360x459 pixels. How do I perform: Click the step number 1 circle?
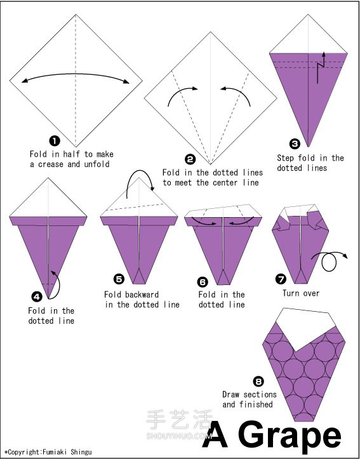tap(55, 141)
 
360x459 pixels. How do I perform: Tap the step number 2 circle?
tap(190, 159)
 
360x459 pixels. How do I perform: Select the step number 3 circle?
tap(295, 144)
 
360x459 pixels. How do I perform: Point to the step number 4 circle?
tap(37, 297)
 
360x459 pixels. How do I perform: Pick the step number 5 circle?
tap(119, 279)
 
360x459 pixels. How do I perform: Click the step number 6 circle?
tap(203, 282)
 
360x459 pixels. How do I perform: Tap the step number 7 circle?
tap(281, 279)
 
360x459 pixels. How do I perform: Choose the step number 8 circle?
tap(259, 382)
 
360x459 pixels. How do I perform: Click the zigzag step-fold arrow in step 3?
tap(320, 68)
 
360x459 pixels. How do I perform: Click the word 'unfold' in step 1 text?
tap(97, 164)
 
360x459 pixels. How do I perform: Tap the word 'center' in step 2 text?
tap(225, 183)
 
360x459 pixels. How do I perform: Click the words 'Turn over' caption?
tap(301, 293)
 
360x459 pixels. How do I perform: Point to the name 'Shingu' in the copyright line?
tap(81, 452)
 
